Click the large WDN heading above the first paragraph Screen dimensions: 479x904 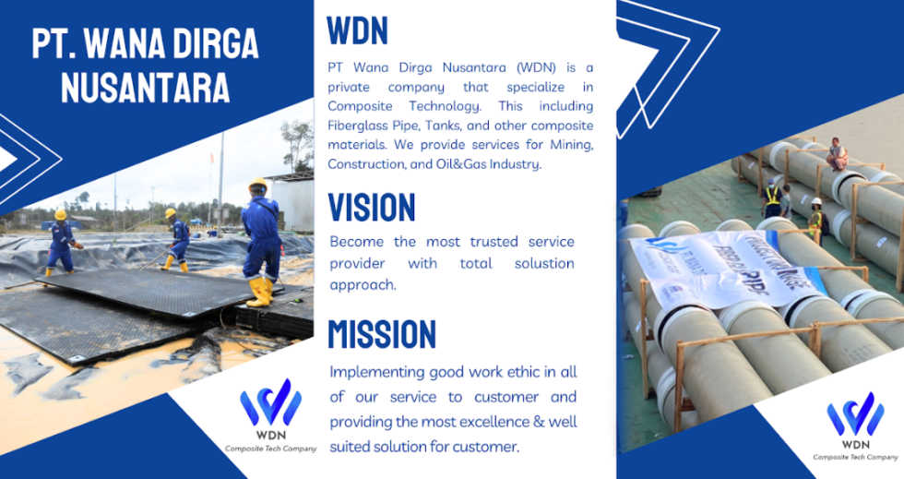pyautogui.click(x=358, y=31)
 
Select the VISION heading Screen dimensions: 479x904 pyautogui.click(x=372, y=207)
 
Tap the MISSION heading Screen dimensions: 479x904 pyautogui.click(x=382, y=334)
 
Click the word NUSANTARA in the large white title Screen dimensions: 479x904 pyautogui.click(x=145, y=87)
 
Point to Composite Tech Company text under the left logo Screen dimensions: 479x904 pyautogui.click(x=270, y=449)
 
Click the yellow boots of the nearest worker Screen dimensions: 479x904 pyautogui.click(x=261, y=293)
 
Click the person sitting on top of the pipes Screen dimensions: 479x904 pyautogui.click(x=837, y=154)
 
